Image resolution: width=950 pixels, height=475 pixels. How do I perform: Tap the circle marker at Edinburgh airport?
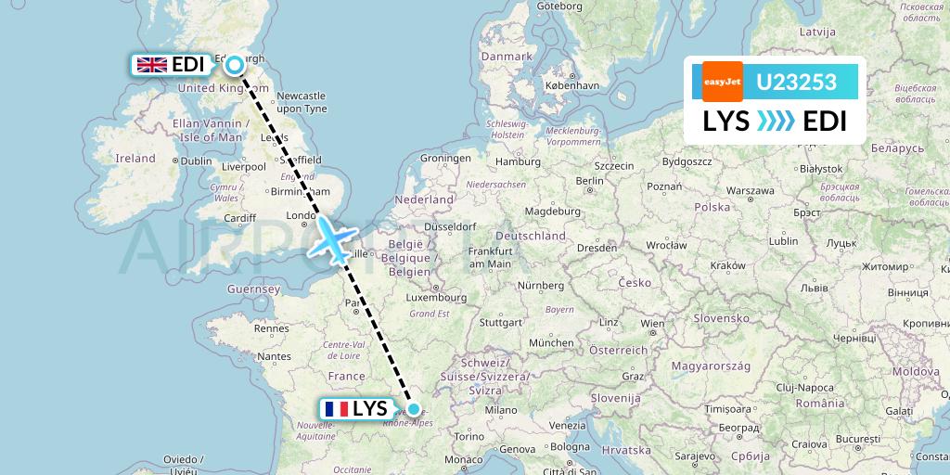click(235, 64)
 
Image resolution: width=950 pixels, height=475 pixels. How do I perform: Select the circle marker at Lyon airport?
click(413, 408)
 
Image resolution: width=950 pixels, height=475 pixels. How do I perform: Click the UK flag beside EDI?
click(151, 65)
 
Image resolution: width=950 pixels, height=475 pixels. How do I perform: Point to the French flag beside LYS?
click(335, 409)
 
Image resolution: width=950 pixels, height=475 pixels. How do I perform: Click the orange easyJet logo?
click(722, 82)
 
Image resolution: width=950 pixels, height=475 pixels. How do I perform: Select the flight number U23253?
click(796, 83)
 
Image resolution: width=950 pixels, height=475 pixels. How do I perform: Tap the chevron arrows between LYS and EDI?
click(776, 122)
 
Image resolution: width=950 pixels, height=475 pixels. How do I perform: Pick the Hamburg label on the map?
click(517, 161)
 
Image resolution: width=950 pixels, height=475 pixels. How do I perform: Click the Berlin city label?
click(589, 180)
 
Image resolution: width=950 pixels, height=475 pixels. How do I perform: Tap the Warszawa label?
click(751, 190)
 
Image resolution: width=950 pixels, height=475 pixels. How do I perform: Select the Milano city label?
click(506, 410)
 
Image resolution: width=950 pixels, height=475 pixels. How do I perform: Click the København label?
click(573, 85)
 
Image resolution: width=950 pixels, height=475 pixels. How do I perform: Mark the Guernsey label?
click(254, 289)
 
